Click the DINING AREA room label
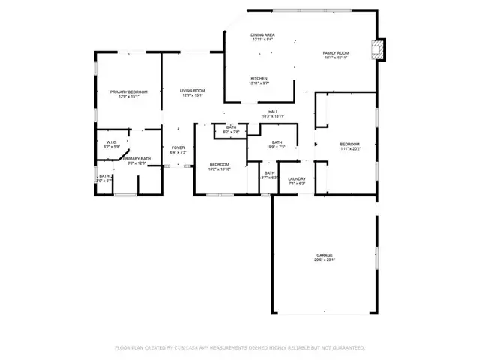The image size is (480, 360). (262, 35)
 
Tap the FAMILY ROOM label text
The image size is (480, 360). (336, 53)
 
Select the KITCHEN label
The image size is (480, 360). (259, 78)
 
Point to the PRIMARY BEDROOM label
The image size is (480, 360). (128, 91)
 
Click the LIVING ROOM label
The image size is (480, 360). (192, 91)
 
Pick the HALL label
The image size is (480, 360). (274, 112)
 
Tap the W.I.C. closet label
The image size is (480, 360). (110, 142)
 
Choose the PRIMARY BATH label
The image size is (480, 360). (136, 158)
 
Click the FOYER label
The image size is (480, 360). (178, 148)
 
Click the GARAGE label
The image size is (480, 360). (324, 254)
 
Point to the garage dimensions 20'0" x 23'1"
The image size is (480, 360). (324, 259)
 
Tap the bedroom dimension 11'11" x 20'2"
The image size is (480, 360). (349, 149)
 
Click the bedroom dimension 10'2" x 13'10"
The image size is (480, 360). (219, 169)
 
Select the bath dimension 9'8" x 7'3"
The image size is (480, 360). (277, 148)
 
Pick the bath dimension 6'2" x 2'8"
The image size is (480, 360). (231, 132)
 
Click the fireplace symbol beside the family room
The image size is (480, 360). (379, 50)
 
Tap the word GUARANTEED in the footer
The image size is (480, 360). (347, 347)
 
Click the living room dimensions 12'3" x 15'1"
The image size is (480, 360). (192, 96)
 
